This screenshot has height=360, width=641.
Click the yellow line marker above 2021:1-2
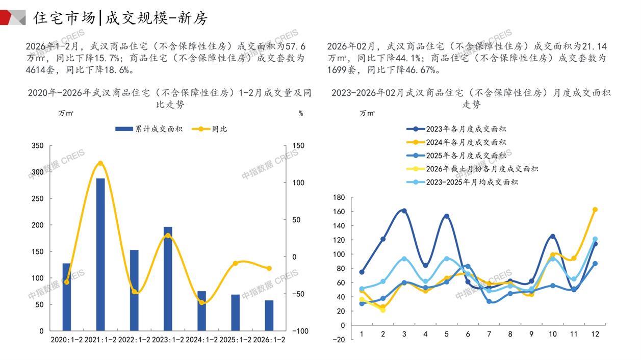(100, 164)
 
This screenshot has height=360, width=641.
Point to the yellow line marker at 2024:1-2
(201, 302)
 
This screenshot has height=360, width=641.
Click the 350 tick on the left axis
(38, 146)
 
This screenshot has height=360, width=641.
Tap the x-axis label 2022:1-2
(134, 340)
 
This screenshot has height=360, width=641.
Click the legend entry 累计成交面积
(149, 129)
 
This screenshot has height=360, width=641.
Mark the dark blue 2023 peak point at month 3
(404, 211)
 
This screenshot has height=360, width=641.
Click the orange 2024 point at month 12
(595, 210)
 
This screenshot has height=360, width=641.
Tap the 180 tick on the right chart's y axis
(339, 197)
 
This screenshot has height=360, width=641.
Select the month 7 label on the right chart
(489, 334)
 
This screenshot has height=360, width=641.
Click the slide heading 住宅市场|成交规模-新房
(120, 18)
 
